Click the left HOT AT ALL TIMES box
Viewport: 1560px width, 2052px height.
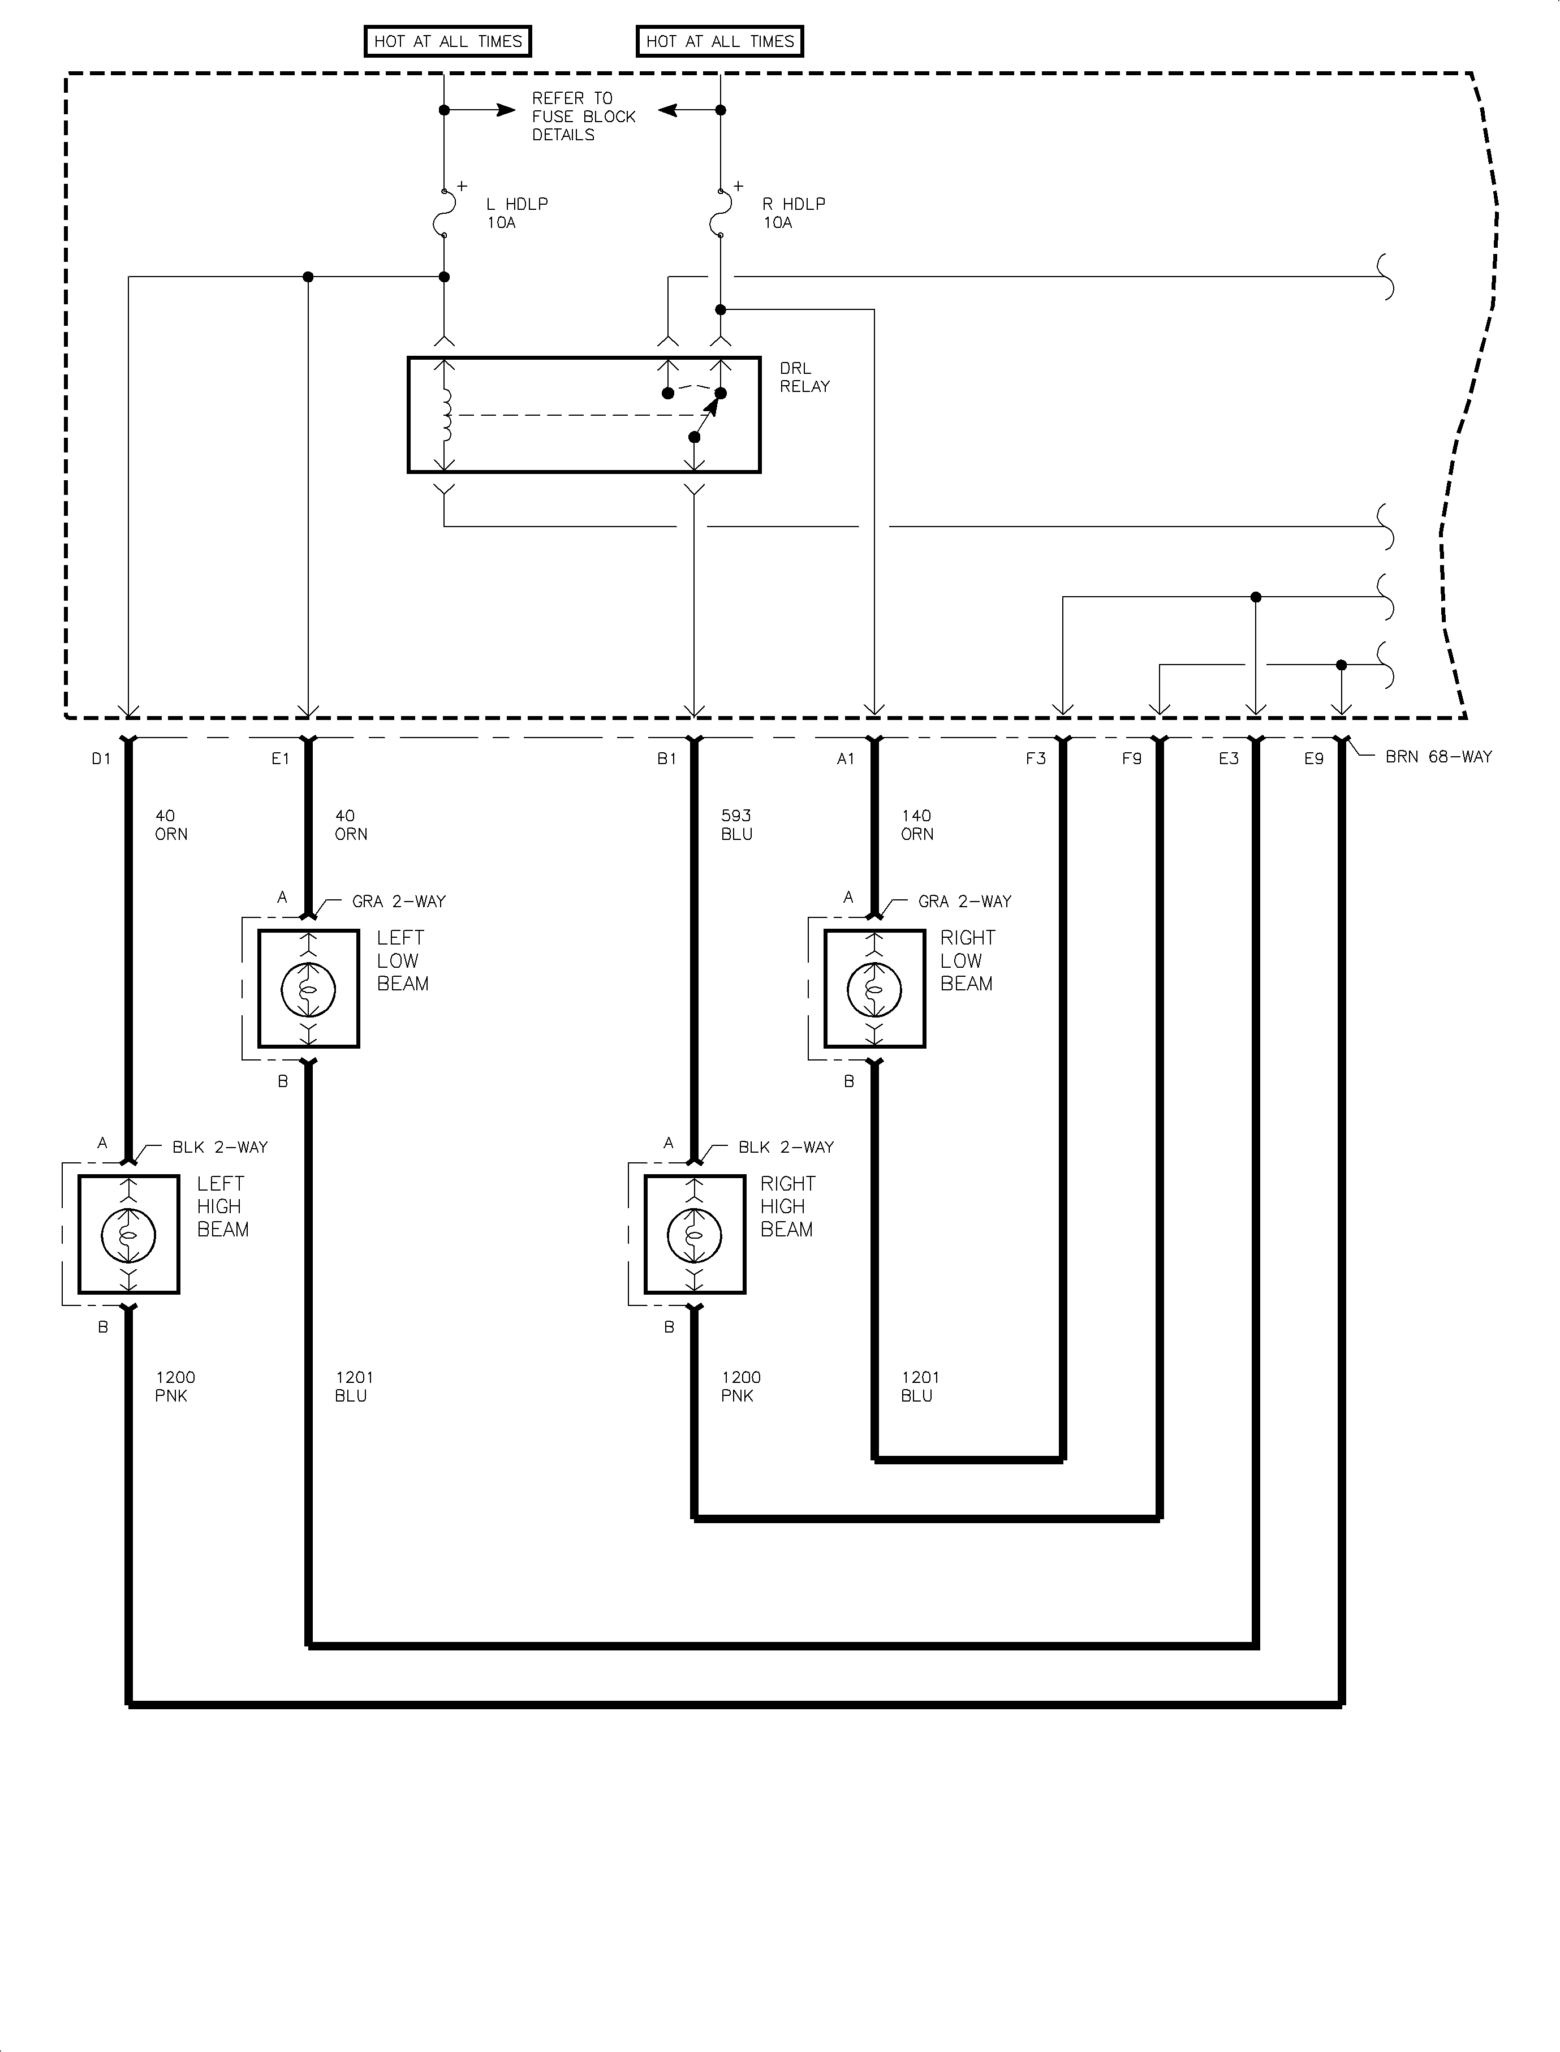(447, 41)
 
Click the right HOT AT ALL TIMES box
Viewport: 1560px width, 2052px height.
(719, 41)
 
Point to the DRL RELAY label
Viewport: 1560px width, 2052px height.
(804, 377)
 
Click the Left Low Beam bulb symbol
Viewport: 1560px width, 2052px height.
(308, 989)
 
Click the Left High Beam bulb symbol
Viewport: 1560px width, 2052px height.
(128, 1234)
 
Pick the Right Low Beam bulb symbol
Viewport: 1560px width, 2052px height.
(874, 989)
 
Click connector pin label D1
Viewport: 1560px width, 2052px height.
(101, 758)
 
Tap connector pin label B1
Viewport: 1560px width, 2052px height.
(667, 758)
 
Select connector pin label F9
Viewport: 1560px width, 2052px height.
(1131, 758)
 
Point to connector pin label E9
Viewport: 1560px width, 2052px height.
(1313, 758)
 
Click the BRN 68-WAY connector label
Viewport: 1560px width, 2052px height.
(1437, 757)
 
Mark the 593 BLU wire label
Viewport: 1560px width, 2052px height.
(736, 825)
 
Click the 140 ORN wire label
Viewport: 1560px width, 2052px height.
(916, 825)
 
